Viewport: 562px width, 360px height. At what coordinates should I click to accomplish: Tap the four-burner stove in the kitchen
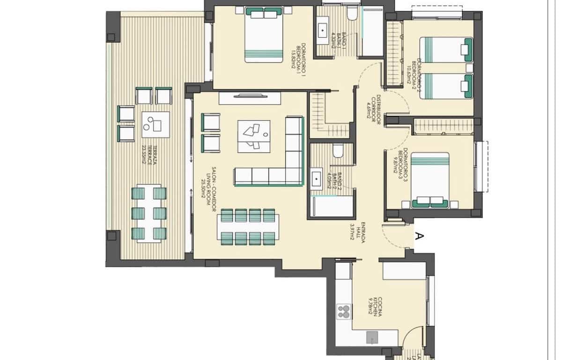pos(344,312)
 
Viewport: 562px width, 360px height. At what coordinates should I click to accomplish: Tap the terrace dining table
pos(149,214)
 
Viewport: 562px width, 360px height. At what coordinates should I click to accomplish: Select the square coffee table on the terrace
pos(155,125)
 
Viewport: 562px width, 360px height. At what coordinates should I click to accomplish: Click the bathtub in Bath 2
pos(332,207)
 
